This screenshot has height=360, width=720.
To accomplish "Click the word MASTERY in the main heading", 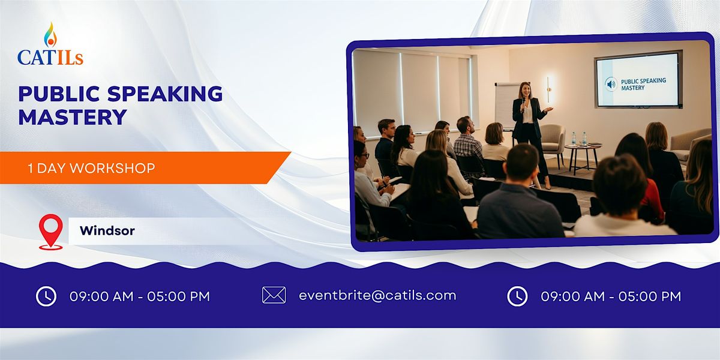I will tap(72, 116).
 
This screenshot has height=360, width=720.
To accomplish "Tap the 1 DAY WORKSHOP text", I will tap(91, 169).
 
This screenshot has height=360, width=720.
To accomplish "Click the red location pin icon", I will tap(50, 231).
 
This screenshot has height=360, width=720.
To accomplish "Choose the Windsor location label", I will tap(107, 230).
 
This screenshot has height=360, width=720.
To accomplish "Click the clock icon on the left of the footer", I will tap(46, 296).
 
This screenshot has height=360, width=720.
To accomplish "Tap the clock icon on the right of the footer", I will tap(517, 296).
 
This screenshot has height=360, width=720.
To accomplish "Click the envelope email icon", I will tap(274, 295).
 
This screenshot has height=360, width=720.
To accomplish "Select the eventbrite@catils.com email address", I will tap(377, 295).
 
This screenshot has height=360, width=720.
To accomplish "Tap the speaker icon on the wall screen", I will tap(611, 83).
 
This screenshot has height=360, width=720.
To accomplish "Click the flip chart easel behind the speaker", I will tap(506, 105).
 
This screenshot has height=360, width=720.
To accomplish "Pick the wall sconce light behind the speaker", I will tap(548, 89).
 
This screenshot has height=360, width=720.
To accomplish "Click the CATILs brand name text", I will tap(50, 58).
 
